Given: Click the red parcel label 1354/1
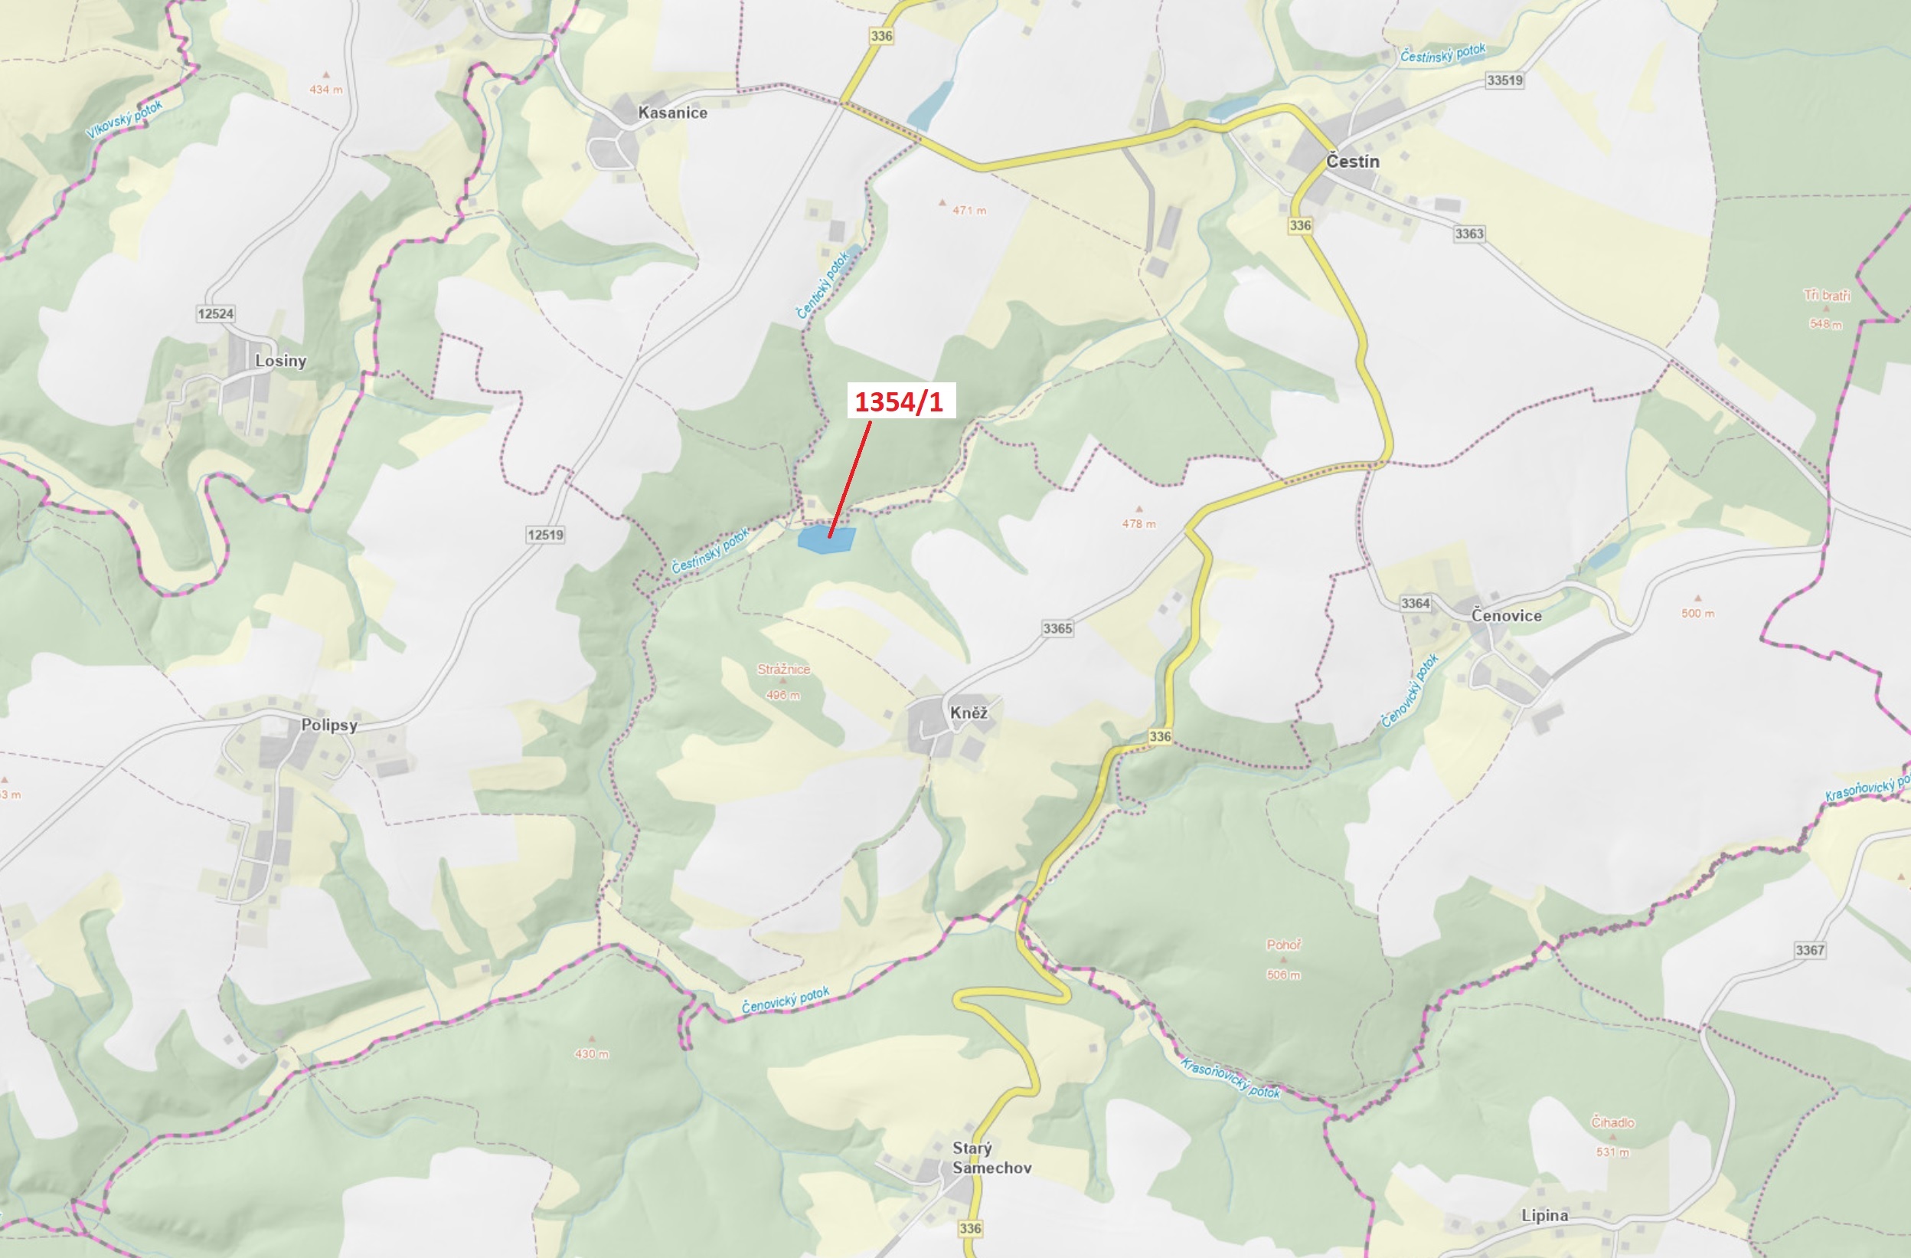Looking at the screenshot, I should [900, 401].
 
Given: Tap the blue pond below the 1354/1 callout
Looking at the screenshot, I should [825, 539].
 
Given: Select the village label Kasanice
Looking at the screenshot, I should [672, 113].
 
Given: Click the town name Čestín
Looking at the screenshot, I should [1352, 162].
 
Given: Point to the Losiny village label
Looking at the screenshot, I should [280, 361].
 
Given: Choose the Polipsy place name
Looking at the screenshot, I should [328, 725].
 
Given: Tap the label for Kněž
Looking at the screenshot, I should [969, 713].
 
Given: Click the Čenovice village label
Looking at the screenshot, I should [1505, 615].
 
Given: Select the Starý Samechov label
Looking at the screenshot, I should [991, 1158].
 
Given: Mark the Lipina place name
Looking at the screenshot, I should [1544, 1215].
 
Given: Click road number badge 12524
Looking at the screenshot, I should [215, 313].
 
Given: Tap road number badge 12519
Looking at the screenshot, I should [545, 534].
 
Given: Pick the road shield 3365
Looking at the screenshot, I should [1057, 628].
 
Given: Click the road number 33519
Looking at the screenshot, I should [1504, 80].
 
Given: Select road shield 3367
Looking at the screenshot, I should [1809, 949].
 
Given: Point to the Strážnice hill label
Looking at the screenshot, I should [783, 668].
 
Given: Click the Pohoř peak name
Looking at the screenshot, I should [1283, 945].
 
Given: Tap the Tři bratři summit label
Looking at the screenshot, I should [1827, 295].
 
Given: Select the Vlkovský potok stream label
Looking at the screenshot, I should [125, 120].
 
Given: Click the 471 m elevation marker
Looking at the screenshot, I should [969, 211].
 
